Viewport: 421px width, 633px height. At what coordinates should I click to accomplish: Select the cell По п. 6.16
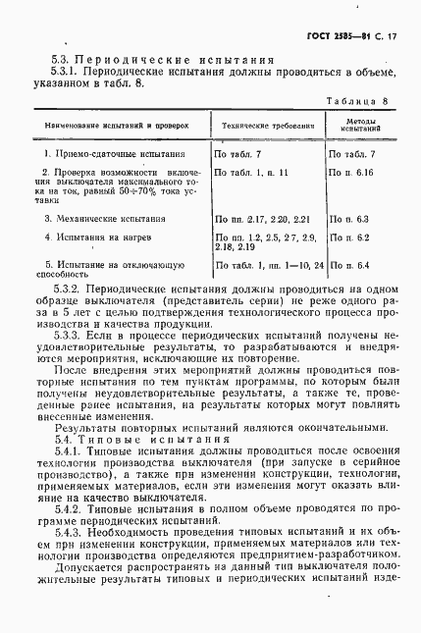[352, 172]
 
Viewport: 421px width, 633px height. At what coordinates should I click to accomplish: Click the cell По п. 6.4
[351, 266]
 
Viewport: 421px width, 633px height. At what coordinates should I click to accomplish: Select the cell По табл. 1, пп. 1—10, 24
[269, 266]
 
